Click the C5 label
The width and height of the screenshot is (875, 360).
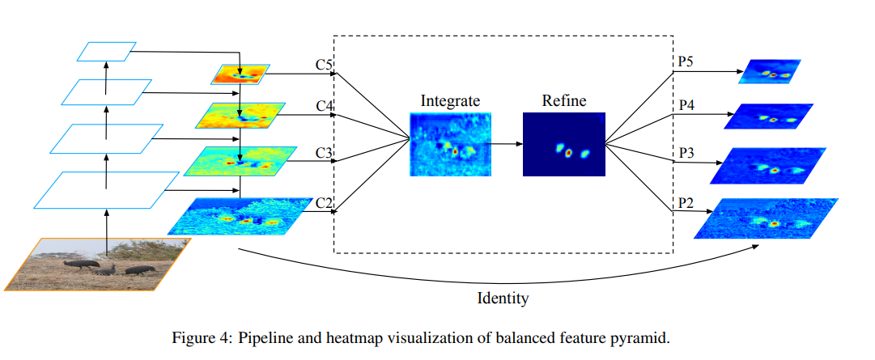(325, 64)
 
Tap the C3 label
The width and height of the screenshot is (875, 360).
(325, 153)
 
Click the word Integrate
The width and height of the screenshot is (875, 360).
(450, 101)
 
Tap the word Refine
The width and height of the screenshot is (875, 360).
(564, 101)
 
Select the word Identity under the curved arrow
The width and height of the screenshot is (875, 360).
(502, 299)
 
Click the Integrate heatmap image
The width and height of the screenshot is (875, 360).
(450, 145)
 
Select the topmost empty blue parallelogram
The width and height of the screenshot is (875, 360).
(104, 52)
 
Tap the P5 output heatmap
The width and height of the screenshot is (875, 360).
(770, 72)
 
